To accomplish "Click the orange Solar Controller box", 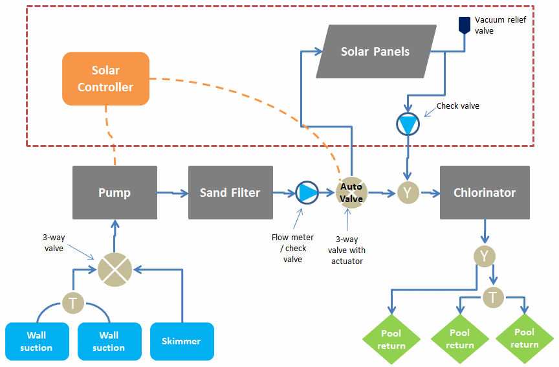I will point(105,79).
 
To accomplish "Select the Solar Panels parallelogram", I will point(375,51).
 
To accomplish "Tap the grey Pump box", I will point(115,192).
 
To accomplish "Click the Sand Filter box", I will point(230,192).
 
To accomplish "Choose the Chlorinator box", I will point(485,192).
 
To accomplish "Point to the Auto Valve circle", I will point(351,192).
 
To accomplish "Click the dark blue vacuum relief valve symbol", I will point(465,25).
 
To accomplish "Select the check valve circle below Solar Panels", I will point(408,124).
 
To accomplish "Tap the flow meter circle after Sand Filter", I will point(307,192).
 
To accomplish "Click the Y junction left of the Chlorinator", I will point(408,192).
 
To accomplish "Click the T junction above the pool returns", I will point(493,297).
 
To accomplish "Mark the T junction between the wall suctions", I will point(72,301).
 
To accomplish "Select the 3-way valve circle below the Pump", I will point(115,267).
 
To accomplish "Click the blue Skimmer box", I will point(182,341).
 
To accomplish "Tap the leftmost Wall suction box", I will point(36,341).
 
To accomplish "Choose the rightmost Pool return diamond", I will point(524,339).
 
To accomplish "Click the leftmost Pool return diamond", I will point(391,339).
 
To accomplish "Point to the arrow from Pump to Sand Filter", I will point(172,192).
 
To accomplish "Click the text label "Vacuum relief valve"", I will point(499,25).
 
